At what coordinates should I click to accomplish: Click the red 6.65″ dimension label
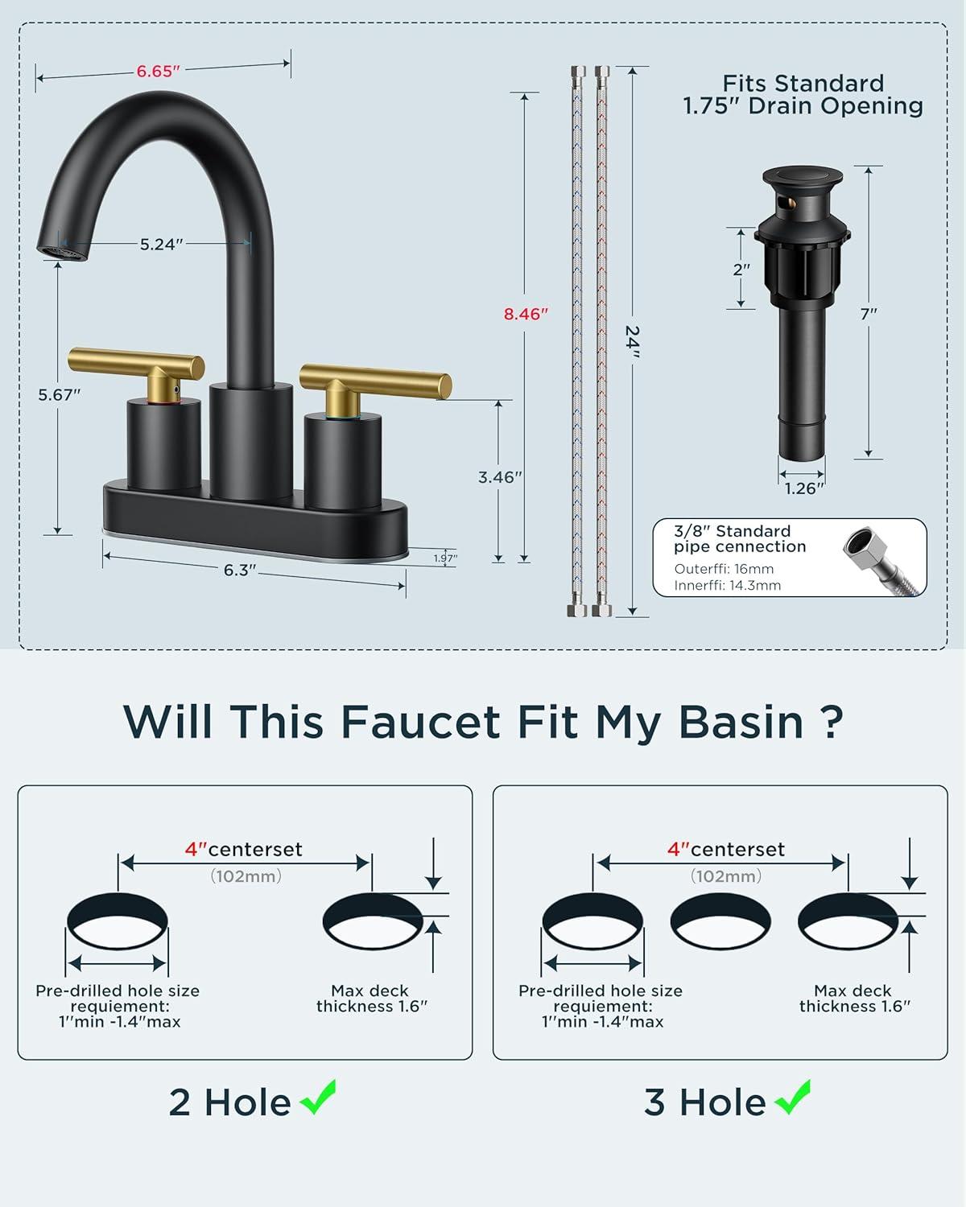click(x=159, y=72)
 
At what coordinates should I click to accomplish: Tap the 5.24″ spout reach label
click(x=162, y=245)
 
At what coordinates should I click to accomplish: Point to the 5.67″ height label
click(x=60, y=395)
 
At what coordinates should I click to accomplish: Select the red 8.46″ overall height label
click(x=526, y=314)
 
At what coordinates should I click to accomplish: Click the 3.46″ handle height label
click(x=500, y=477)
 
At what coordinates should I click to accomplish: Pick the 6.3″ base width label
click(x=240, y=570)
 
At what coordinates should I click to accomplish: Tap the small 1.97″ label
click(x=446, y=558)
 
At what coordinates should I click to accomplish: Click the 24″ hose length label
click(x=633, y=341)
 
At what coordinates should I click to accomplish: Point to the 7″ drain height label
click(x=869, y=314)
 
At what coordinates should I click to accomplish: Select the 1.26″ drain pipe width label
click(x=803, y=488)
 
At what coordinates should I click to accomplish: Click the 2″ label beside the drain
click(x=741, y=270)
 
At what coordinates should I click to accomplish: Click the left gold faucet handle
click(x=136, y=371)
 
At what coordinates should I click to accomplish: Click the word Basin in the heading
click(x=741, y=722)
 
